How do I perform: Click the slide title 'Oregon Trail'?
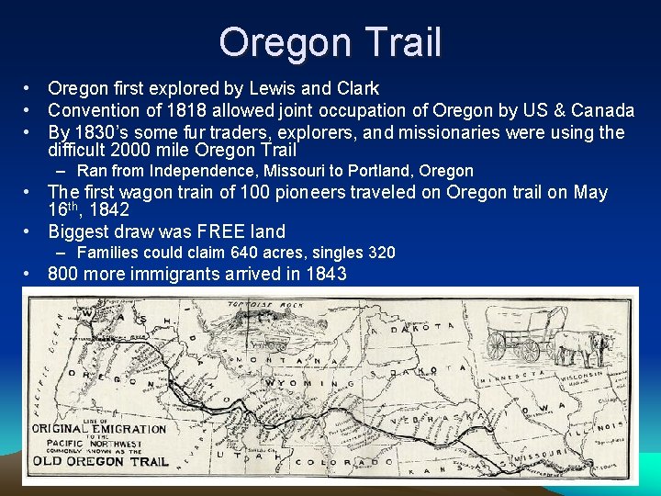pos(330,42)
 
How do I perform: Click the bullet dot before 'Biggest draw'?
pos(30,231)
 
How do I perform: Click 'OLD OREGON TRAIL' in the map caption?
pos(102,461)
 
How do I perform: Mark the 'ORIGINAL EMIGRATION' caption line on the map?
pos(99,428)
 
